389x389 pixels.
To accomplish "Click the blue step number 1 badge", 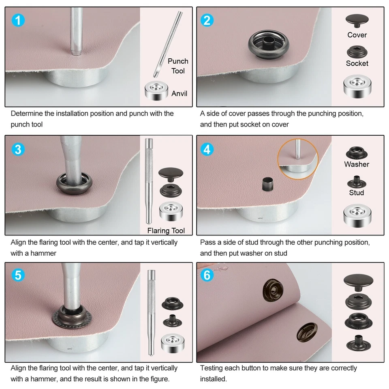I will coord(17,20).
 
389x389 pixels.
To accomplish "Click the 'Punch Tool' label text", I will coord(178,66).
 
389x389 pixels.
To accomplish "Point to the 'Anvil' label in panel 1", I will coord(179,94).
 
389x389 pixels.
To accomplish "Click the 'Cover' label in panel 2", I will coord(357,35).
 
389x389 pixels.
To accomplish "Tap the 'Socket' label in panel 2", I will coord(357,63).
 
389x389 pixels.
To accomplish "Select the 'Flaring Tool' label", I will coord(166,231).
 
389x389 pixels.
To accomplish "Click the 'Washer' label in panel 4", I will coord(357,164).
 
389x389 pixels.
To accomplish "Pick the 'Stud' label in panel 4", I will coord(357,192).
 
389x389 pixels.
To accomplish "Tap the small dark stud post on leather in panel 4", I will coord(267,186).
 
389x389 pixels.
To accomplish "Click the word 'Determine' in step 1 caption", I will coord(26,113).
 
